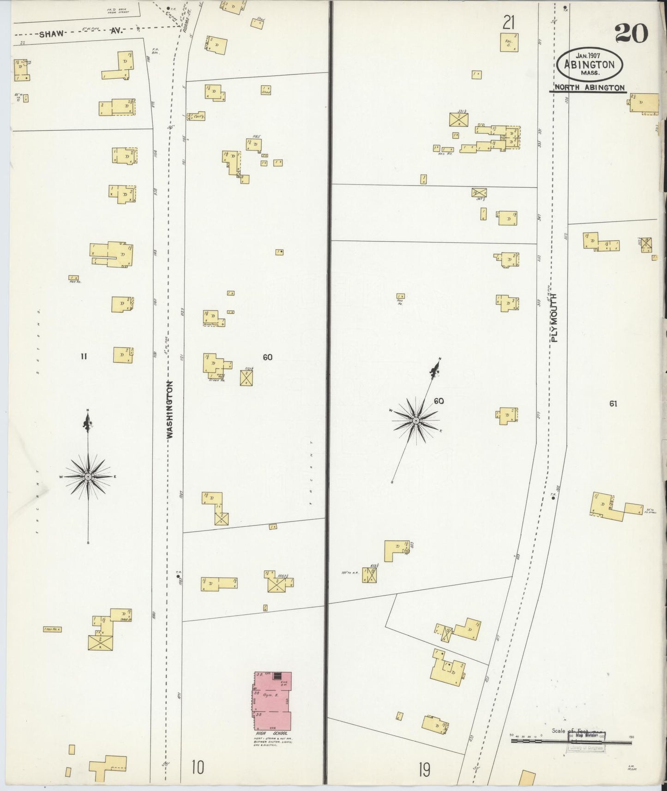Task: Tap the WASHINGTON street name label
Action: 169,409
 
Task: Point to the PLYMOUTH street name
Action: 554,318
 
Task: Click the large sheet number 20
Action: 631,34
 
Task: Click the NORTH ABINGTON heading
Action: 589,88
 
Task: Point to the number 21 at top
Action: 509,22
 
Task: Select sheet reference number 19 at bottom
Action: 424,769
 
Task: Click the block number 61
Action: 613,404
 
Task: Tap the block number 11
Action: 84,356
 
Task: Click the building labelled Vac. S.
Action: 509,42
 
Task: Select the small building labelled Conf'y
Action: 196,116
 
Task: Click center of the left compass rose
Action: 88,476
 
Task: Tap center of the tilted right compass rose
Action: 415,420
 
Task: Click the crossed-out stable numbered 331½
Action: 459,120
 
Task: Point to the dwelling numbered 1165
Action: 254,145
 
